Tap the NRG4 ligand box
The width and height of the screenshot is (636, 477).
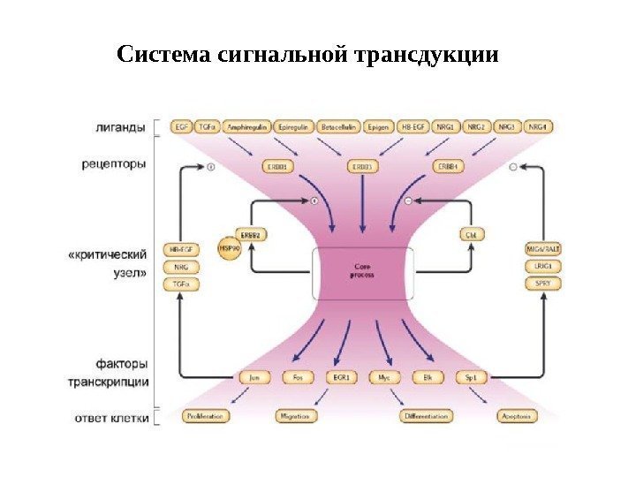click(x=541, y=127)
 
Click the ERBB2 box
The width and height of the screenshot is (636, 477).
click(x=252, y=235)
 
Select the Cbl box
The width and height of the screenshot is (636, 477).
click(x=470, y=235)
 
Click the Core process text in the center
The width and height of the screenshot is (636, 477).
click(x=362, y=270)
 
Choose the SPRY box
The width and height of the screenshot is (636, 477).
click(x=540, y=284)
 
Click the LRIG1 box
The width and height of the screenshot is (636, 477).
click(x=540, y=266)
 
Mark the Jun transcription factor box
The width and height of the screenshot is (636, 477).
click(x=254, y=377)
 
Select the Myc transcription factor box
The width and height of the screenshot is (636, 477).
click(x=383, y=377)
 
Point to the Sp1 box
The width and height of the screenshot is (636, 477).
click(x=471, y=377)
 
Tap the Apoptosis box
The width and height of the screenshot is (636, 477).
click(x=515, y=415)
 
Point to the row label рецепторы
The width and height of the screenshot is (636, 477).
click(x=114, y=164)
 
